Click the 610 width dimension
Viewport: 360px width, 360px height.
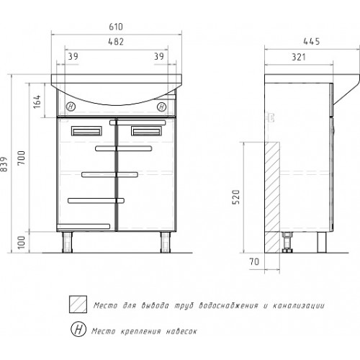tap(116, 27)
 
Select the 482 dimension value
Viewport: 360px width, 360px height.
tap(116, 42)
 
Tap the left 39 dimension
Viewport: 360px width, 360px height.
tap(73, 56)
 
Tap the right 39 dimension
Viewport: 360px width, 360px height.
tap(159, 56)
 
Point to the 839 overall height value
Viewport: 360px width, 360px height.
tap(4, 164)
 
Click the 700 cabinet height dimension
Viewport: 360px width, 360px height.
tap(22, 158)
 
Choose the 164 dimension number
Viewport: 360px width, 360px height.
tap(37, 102)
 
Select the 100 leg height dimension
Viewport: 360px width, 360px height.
tap(22, 242)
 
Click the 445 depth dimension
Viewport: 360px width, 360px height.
tap(312, 42)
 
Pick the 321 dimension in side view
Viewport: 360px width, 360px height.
tap(299, 57)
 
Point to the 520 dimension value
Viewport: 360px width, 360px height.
tap(236, 197)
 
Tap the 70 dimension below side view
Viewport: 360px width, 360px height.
tap(254, 261)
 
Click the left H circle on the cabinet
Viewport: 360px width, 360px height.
tap(71, 107)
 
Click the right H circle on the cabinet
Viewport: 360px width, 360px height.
tap(162, 107)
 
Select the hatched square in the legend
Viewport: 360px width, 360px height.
tap(78, 305)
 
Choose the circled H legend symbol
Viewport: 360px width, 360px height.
tap(78, 329)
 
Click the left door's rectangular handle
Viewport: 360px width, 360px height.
tap(86, 131)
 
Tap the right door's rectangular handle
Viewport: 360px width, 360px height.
tap(146, 131)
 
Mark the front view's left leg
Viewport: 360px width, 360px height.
tap(68, 242)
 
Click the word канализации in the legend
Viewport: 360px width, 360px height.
tap(299, 306)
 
